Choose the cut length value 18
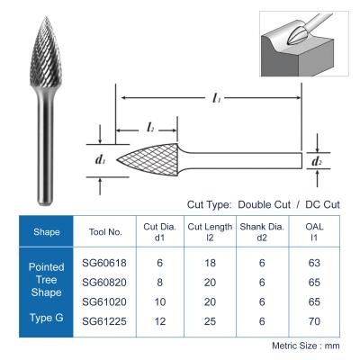[x=209, y=263]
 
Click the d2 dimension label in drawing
[x=316, y=161]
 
